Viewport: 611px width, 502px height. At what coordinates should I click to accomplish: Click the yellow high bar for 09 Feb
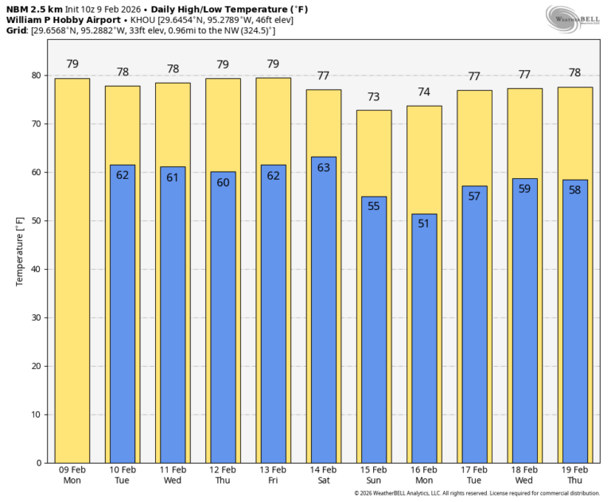click(72, 270)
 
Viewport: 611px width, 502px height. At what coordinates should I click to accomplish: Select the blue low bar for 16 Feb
click(424, 338)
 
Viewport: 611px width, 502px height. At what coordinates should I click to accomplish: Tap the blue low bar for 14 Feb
click(324, 309)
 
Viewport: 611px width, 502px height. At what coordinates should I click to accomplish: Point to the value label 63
click(324, 168)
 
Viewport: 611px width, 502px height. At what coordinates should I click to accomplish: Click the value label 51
click(423, 224)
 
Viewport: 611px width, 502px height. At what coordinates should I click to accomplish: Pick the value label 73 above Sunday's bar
click(374, 96)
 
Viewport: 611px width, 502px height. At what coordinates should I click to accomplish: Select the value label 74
click(424, 92)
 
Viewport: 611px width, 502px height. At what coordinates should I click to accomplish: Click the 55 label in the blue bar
click(374, 206)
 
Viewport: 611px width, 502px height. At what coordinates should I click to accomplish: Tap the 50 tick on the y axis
click(37, 220)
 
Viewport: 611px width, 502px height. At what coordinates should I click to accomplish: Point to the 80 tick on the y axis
click(37, 76)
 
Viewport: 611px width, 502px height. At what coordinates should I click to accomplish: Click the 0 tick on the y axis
click(39, 463)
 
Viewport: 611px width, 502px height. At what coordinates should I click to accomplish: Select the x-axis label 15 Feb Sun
click(374, 475)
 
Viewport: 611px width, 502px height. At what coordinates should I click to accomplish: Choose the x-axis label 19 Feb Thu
click(574, 475)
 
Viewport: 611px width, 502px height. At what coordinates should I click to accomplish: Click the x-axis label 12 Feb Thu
click(223, 475)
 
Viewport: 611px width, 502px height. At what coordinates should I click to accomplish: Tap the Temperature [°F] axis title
click(19, 251)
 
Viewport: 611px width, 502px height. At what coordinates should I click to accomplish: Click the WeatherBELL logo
click(573, 19)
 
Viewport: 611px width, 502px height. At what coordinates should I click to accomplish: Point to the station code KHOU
click(142, 20)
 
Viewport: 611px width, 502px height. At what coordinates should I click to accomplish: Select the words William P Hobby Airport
click(64, 20)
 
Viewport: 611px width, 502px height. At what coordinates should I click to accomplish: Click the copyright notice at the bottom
click(477, 493)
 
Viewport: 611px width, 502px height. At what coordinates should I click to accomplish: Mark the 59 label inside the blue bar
click(524, 189)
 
